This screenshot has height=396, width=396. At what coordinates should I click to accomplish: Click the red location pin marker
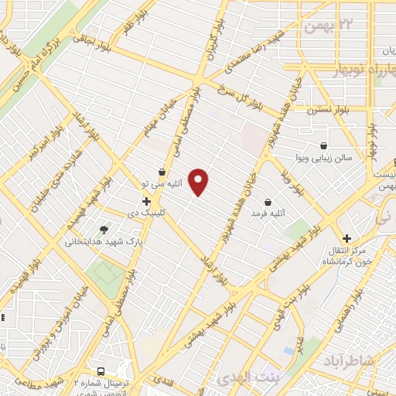pyautogui.click(x=200, y=182)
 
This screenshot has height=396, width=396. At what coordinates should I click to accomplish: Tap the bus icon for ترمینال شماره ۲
pyautogui.click(x=101, y=370)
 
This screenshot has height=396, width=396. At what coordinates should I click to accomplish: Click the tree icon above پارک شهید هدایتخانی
pyautogui.click(x=103, y=229)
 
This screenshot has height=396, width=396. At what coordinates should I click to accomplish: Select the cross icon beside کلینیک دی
pyautogui.click(x=146, y=201)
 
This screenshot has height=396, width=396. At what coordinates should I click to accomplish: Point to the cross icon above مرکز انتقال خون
pyautogui.click(x=347, y=238)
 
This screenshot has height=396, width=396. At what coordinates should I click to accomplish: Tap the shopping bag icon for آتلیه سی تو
pyautogui.click(x=162, y=172)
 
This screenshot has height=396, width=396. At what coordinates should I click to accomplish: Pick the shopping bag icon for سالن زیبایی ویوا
pyautogui.click(x=323, y=145)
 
